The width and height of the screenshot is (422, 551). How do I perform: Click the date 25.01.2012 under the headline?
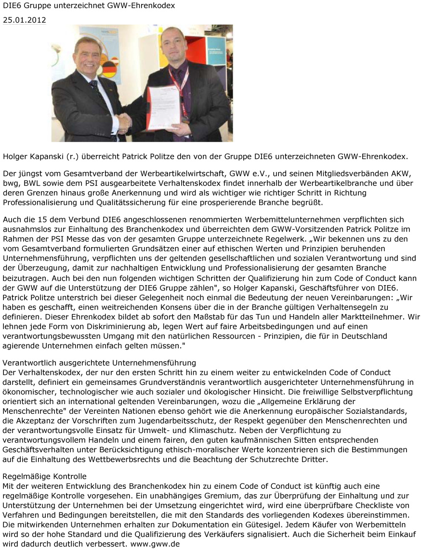[x=25, y=20]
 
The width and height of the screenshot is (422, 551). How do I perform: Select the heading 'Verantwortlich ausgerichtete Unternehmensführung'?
[x=99, y=363]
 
